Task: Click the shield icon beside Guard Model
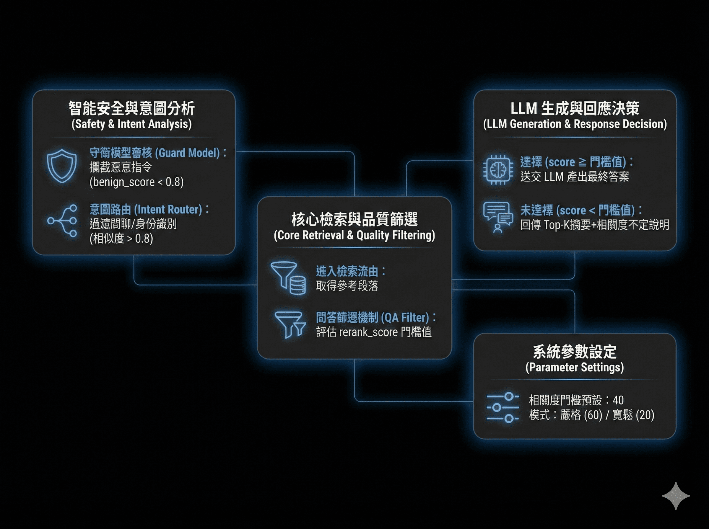coord(62,166)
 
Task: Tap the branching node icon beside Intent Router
coord(62,221)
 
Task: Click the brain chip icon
coord(498,170)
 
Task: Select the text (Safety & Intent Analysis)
coord(132,124)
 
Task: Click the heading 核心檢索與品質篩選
coord(354,219)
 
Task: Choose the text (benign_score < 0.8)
coord(136,182)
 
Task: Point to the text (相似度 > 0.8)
coord(121,239)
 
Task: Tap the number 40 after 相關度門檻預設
coord(618,400)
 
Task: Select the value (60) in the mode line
coord(593,415)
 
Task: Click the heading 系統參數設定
coord(575,352)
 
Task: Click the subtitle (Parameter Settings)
coord(575,367)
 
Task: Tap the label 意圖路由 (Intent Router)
coord(146,209)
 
